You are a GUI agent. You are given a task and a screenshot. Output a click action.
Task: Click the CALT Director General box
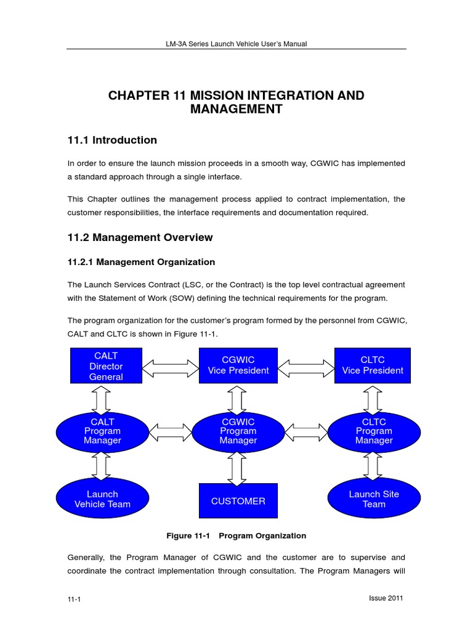pos(106,366)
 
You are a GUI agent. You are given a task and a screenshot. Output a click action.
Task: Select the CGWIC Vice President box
pos(238,365)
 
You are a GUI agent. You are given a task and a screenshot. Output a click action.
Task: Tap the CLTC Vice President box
pos(373,365)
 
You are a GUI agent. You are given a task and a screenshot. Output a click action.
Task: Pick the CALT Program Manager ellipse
pos(102,431)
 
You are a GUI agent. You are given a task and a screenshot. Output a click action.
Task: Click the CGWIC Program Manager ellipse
pos(238,431)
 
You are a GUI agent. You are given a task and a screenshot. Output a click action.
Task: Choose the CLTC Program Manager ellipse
pos(374,431)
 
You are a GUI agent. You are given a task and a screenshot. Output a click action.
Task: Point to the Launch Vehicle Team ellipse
pos(102,499)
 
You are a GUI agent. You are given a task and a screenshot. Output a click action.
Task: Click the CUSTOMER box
pos(238,501)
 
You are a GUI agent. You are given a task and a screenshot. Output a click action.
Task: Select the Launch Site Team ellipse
pos(374,499)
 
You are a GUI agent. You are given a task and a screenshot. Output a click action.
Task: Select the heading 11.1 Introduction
pos(112,140)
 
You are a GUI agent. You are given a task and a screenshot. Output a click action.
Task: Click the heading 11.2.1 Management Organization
pos(141,262)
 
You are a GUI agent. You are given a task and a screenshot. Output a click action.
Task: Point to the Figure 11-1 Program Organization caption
pos(236,535)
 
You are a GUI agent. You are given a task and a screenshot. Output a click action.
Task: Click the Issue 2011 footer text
pos(386,598)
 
